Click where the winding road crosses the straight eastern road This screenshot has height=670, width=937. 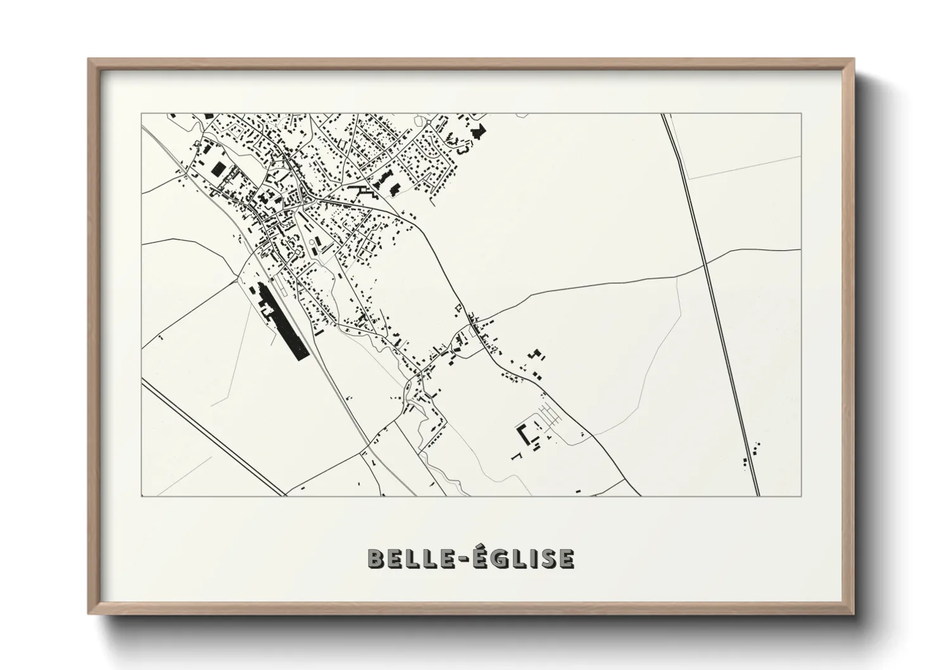coord(703,260)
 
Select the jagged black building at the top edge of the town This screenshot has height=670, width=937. coord(479,132)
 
